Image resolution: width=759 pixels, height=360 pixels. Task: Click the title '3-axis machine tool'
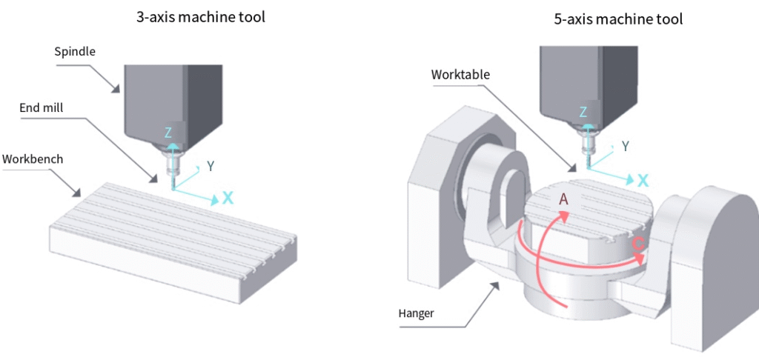click(200, 16)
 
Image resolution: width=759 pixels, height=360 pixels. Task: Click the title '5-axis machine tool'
click(618, 20)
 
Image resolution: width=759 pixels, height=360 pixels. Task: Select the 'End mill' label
click(41, 108)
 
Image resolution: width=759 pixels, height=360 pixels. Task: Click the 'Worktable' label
click(461, 75)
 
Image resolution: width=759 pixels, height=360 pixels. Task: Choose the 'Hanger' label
click(416, 313)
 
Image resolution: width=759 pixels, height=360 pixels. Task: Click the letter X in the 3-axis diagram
click(228, 198)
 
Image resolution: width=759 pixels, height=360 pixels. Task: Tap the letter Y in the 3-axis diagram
click(211, 166)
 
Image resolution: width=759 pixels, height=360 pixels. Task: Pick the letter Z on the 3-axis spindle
click(168, 132)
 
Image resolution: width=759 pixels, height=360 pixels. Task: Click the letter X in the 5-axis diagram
click(643, 180)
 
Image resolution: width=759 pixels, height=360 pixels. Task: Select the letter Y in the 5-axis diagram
click(626, 147)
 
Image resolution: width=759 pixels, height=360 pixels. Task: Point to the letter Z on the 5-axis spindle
click(583, 113)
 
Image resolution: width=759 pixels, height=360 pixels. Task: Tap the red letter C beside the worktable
click(638, 244)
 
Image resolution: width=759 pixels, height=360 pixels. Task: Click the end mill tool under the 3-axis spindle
click(172, 175)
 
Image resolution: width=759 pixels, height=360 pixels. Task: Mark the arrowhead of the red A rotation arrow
click(565, 216)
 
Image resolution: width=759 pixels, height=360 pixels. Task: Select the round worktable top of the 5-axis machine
click(586, 215)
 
